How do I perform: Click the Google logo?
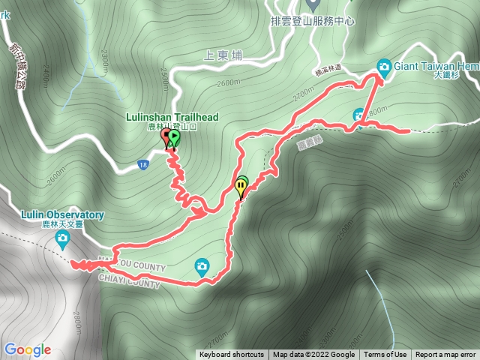pyautogui.click(x=27, y=349)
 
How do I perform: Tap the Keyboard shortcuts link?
pyautogui.click(x=231, y=355)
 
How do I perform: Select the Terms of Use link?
pyautogui.click(x=385, y=355)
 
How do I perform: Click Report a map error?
pyautogui.click(x=445, y=355)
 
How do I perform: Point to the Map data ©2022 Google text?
pyautogui.click(x=313, y=355)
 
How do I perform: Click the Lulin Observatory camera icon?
pyautogui.click(x=62, y=239)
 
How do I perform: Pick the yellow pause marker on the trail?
pyautogui.click(x=241, y=184)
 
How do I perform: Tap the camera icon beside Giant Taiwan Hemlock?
pyautogui.click(x=384, y=67)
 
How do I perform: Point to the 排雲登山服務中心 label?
pyautogui.click(x=311, y=22)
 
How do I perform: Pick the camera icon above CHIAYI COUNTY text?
pyautogui.click(x=202, y=265)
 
